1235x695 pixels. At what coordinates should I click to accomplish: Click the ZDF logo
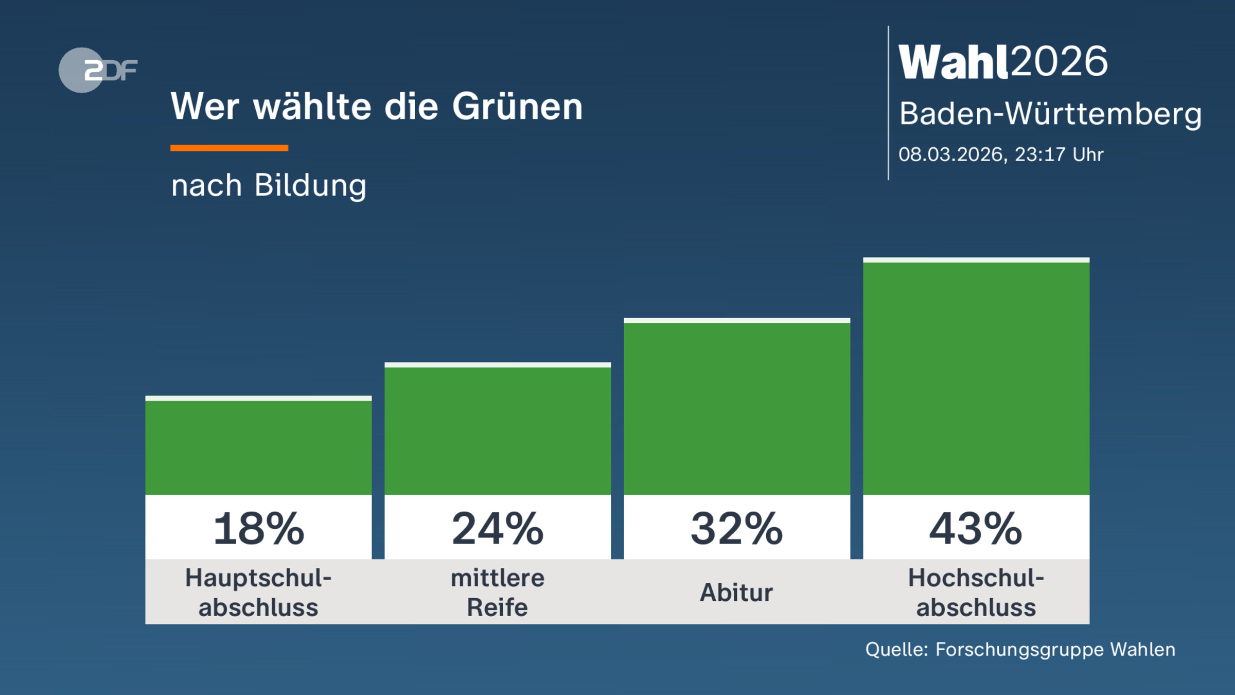[x=98, y=70]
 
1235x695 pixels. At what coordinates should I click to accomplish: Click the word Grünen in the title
[x=517, y=107]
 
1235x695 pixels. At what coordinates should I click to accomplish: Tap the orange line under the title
[x=229, y=148]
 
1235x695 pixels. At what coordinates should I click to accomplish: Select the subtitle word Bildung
[x=310, y=185]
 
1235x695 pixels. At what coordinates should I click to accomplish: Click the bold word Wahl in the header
[x=953, y=62]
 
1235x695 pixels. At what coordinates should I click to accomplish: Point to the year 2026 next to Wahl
[x=1059, y=62]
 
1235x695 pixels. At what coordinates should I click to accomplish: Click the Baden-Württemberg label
[x=1050, y=114]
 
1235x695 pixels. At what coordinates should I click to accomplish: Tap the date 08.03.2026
[x=951, y=154]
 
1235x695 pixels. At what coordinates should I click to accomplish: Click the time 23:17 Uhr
[x=1058, y=154]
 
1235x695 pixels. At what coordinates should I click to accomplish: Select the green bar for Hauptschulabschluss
[x=258, y=447]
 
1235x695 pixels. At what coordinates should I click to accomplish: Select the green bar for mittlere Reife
[x=498, y=430]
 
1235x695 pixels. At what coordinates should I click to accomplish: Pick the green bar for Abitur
[x=737, y=408]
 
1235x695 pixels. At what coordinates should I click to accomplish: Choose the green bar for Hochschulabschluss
[x=976, y=378]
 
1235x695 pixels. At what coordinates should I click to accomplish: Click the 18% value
[x=258, y=529]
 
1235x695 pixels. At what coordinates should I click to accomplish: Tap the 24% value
[x=498, y=529]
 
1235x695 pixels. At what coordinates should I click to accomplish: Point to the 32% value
[x=737, y=529]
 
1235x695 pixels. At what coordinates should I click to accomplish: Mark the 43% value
[x=976, y=529]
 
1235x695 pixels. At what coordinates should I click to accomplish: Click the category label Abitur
[x=736, y=593]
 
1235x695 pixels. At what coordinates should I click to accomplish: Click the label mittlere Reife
[x=498, y=593]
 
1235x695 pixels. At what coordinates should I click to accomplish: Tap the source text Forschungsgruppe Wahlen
[x=1055, y=650]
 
